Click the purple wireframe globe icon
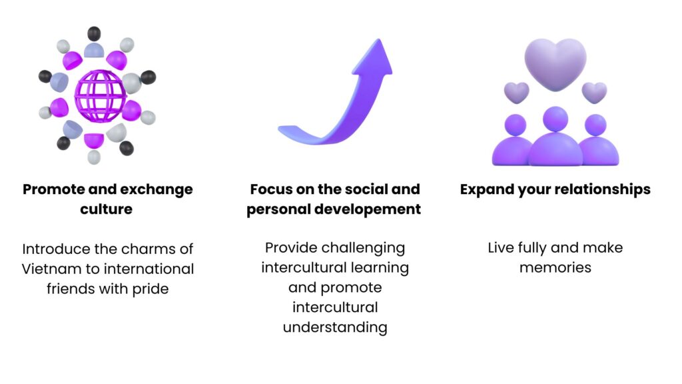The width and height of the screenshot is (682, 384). (x=100, y=96)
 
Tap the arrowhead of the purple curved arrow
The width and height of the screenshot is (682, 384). (x=375, y=58)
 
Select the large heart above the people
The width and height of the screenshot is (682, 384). (x=555, y=63)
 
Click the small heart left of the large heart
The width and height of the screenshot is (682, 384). (x=516, y=92)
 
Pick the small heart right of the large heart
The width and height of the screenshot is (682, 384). (x=594, y=92)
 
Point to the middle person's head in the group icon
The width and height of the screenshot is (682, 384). (x=555, y=119)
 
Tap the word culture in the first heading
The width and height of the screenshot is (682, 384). (x=106, y=209)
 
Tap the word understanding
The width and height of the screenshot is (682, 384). (x=335, y=327)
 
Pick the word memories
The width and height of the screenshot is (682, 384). (x=555, y=268)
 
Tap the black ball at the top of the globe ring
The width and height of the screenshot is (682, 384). (x=94, y=33)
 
